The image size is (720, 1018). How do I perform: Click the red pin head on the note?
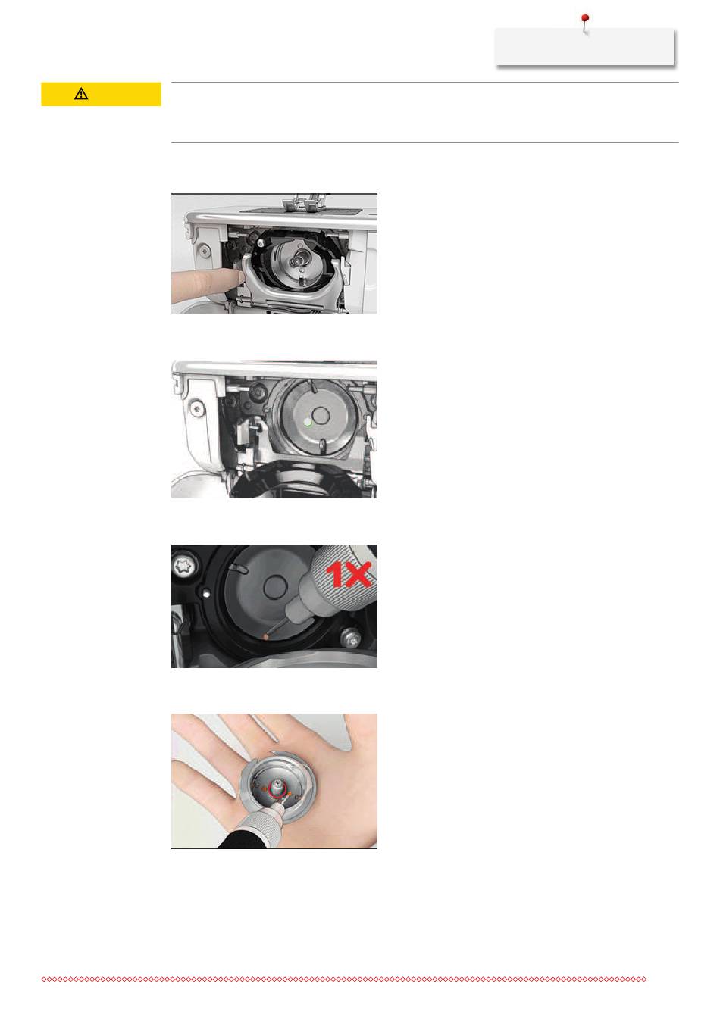(x=585, y=17)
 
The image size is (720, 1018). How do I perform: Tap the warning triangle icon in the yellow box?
(x=81, y=94)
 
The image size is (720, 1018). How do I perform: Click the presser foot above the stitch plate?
(x=300, y=202)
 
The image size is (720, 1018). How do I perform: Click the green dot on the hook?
(x=308, y=422)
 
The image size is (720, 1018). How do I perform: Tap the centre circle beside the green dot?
(x=321, y=415)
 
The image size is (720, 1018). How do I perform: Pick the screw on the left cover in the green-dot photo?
(x=196, y=409)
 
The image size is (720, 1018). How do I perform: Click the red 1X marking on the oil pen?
(x=349, y=574)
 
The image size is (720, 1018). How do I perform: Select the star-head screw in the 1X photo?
(x=185, y=567)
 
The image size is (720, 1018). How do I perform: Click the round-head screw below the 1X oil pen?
(x=352, y=639)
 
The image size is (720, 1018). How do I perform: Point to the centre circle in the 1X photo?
(x=274, y=587)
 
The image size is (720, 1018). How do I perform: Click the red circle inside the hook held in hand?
(x=277, y=789)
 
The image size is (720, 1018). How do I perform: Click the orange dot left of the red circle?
(x=265, y=789)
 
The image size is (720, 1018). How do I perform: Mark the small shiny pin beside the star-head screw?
(x=206, y=592)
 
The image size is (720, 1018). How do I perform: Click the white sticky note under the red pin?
(x=584, y=47)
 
